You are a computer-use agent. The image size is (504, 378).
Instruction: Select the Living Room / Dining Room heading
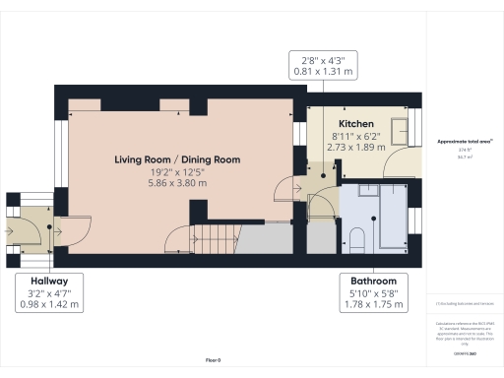coord(177,158)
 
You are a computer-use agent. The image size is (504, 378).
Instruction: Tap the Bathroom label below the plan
coord(363,280)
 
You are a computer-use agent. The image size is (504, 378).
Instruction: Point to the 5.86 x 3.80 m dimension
coord(177,183)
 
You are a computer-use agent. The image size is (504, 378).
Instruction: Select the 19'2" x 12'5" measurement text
coord(177,171)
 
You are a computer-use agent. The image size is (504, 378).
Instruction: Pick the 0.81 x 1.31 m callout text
coord(316,71)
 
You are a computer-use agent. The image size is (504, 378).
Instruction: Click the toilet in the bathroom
coord(356,237)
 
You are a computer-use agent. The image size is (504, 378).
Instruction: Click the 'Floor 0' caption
coord(213,361)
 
